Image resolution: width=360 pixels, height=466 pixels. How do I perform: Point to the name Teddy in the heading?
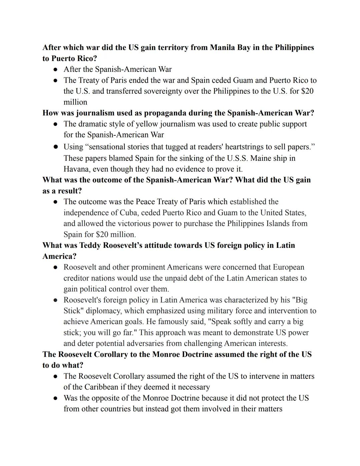(90, 245)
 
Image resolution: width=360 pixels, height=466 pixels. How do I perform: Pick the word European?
(288, 267)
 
